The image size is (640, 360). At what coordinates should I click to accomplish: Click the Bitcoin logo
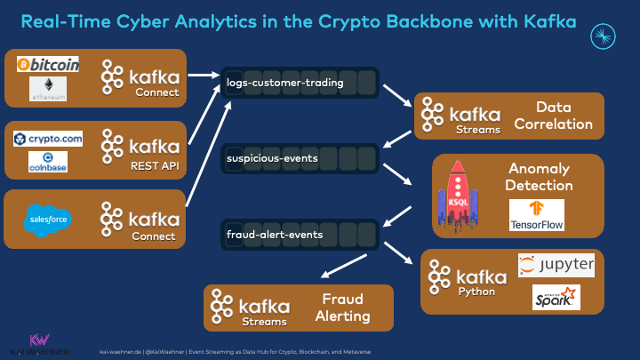click(48, 64)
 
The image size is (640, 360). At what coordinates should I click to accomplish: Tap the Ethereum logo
click(48, 87)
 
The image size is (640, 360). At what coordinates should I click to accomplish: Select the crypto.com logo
click(48, 139)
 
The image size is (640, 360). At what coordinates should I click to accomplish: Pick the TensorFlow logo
click(537, 214)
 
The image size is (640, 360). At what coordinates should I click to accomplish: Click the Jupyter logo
click(556, 265)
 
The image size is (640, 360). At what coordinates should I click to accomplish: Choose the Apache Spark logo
click(556, 297)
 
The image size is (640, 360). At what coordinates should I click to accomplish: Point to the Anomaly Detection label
click(538, 176)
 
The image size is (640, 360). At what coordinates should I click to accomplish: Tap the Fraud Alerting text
click(342, 308)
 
